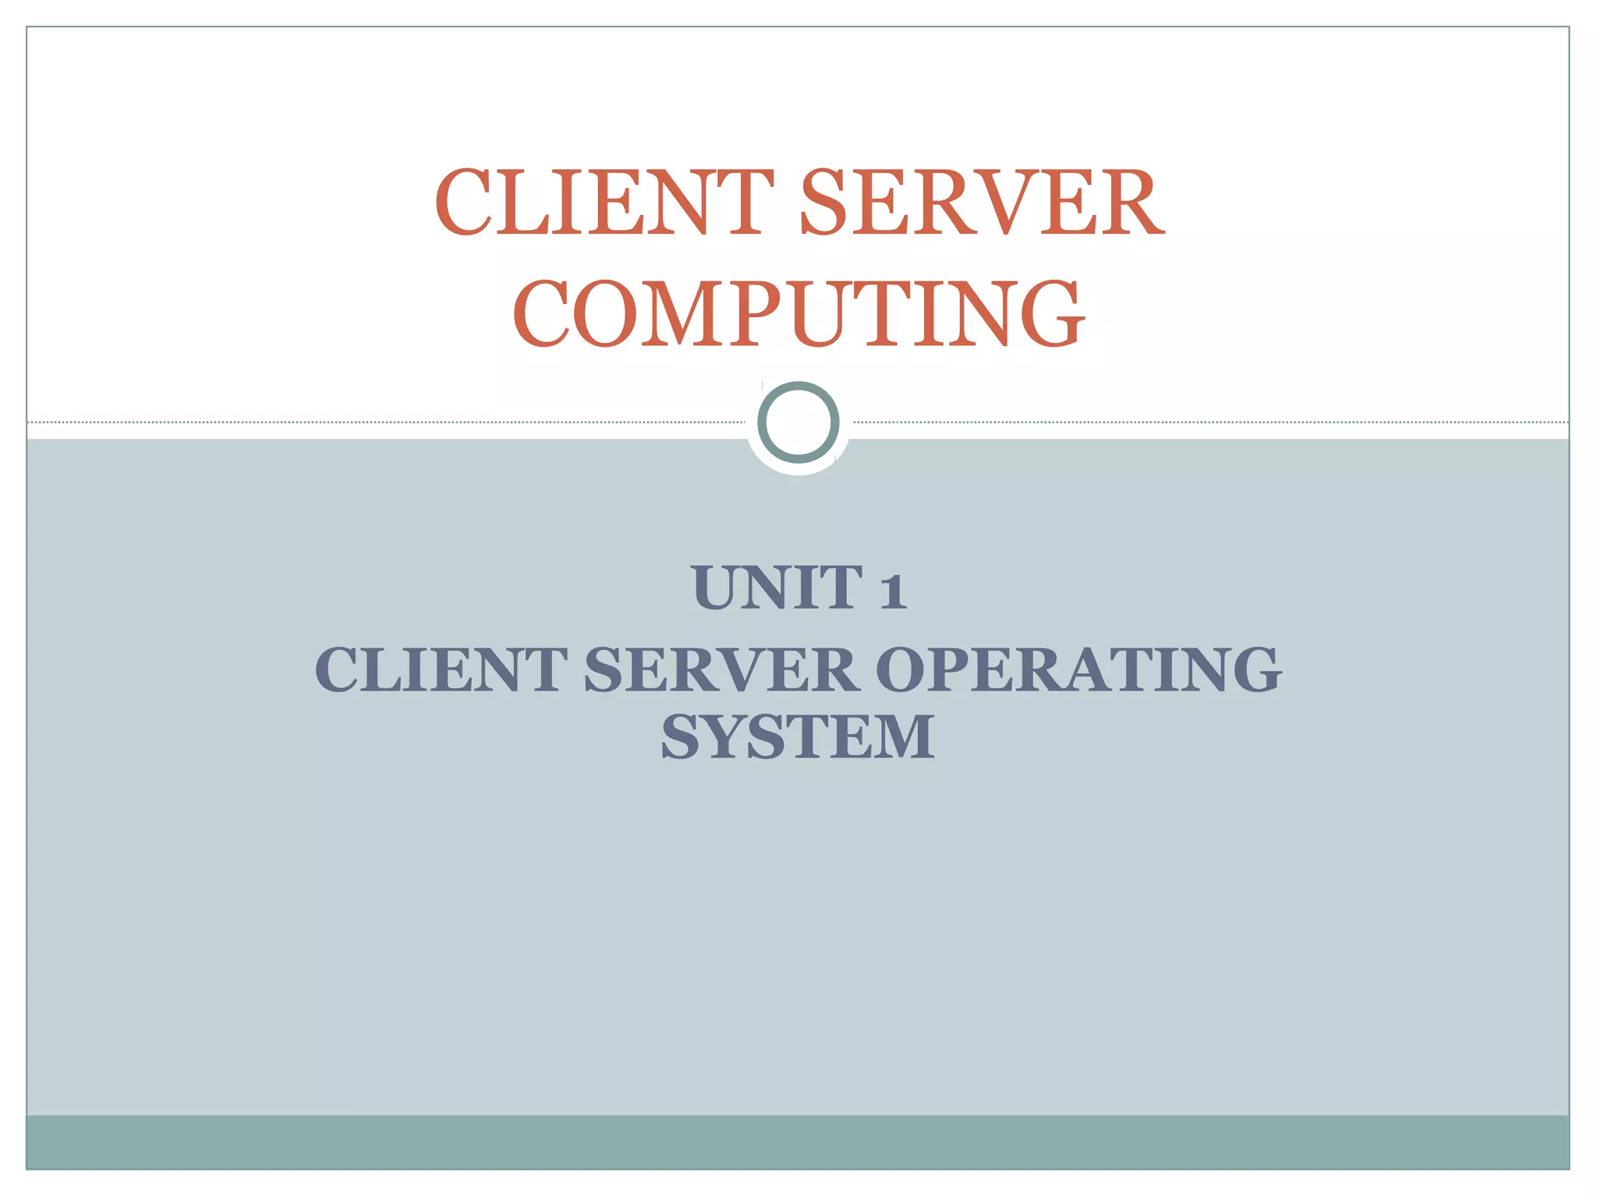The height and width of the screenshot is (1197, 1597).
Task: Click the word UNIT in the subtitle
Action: pyautogui.click(x=776, y=588)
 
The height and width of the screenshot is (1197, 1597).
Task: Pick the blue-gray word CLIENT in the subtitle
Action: pyautogui.click(x=441, y=670)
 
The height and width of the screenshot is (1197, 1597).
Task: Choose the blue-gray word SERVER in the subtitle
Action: pyautogui.click(x=721, y=670)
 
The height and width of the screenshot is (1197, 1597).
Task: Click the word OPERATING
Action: pyautogui.click(x=1078, y=670)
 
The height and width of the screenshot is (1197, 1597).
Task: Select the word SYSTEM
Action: pyautogui.click(x=798, y=737)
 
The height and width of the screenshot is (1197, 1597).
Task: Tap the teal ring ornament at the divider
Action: pyautogui.click(x=798, y=422)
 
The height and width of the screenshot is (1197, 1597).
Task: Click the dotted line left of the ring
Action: pyautogui.click(x=390, y=422)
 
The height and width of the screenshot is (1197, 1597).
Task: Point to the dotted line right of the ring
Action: pyautogui.click(x=1209, y=422)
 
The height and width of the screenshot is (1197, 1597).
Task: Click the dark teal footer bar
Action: pyautogui.click(x=798, y=1142)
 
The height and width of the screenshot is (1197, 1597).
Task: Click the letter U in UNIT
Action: pyautogui.click(x=717, y=588)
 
